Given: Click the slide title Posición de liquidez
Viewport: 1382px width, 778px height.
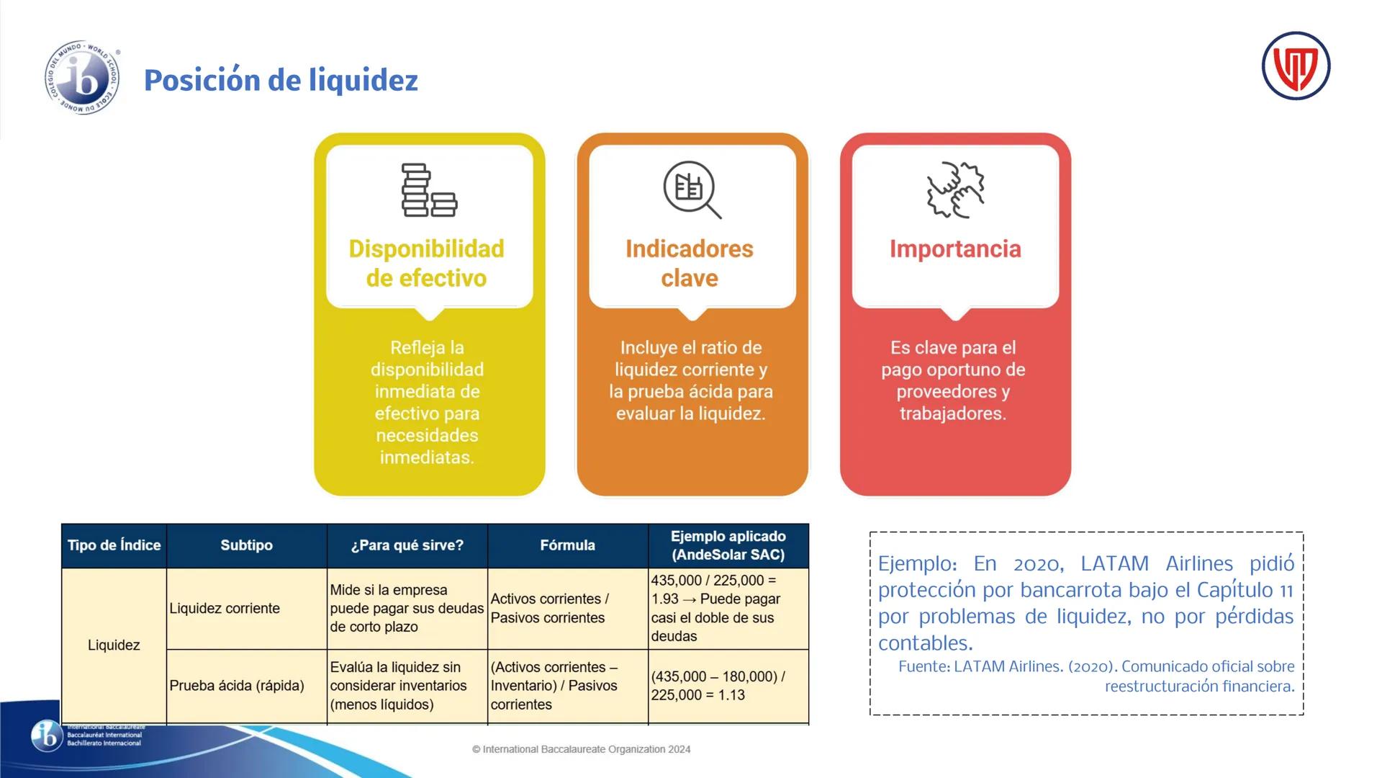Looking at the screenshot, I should pyautogui.click(x=281, y=80).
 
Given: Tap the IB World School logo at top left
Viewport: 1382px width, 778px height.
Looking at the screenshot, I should pyautogui.click(x=82, y=78).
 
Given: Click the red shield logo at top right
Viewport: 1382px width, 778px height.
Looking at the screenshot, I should pyautogui.click(x=1296, y=66).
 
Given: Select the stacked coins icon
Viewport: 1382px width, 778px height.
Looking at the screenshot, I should pyautogui.click(x=429, y=190).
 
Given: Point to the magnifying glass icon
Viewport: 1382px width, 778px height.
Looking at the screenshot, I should pyautogui.click(x=692, y=189).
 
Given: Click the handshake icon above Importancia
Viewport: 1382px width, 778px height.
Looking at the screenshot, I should pyautogui.click(x=955, y=189).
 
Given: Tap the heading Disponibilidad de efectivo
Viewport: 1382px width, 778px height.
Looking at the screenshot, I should pyautogui.click(x=427, y=263).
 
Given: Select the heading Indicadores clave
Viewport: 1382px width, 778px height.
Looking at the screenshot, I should pyautogui.click(x=690, y=263).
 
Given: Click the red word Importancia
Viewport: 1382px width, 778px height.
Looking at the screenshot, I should pyautogui.click(x=955, y=249).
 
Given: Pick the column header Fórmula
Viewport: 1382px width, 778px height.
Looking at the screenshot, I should pyautogui.click(x=567, y=545).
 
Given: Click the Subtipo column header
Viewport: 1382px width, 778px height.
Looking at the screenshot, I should pyautogui.click(x=246, y=545).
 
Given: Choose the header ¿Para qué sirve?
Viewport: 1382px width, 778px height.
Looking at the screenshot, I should pyautogui.click(x=407, y=545).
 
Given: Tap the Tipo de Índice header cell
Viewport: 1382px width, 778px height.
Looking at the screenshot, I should pyautogui.click(x=114, y=545).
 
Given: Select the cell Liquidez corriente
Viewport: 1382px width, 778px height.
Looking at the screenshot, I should pyautogui.click(x=225, y=608).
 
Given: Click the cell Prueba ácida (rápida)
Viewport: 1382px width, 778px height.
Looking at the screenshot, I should pyautogui.click(x=237, y=685).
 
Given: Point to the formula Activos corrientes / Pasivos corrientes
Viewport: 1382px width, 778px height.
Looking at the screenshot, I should pyautogui.click(x=550, y=608).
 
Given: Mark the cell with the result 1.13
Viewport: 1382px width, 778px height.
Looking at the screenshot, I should pyautogui.click(x=718, y=686).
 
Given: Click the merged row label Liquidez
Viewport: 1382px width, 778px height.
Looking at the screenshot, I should pyautogui.click(x=114, y=645).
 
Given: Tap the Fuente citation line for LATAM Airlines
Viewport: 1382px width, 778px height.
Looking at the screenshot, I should pyautogui.click(x=1096, y=676).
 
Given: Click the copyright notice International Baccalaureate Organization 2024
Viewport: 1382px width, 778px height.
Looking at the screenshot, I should pyautogui.click(x=581, y=749).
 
